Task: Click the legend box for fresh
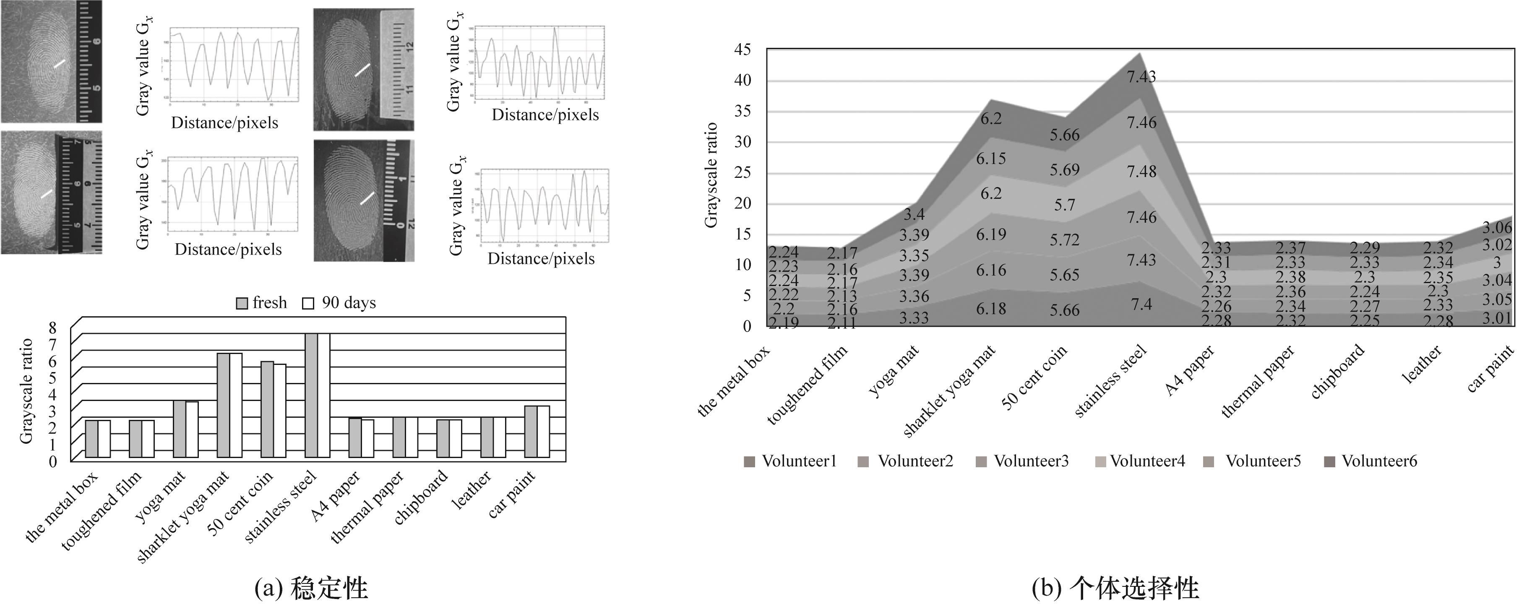point(242,303)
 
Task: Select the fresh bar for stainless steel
point(311,395)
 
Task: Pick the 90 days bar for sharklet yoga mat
point(236,405)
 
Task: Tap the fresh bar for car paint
point(531,431)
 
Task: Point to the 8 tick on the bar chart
point(52,328)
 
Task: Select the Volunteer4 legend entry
point(1139,461)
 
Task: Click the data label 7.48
point(1141,172)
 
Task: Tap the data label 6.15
point(991,159)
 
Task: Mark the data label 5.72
point(1064,240)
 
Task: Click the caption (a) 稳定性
point(311,588)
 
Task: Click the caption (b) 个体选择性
point(1116,588)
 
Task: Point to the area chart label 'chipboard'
point(1337,372)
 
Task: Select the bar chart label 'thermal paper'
point(367,507)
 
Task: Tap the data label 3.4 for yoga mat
point(914,214)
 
